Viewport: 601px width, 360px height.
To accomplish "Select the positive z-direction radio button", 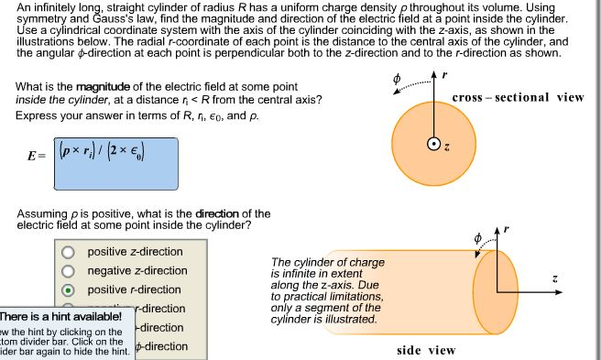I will point(68,253).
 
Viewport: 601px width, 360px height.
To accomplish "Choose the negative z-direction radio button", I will point(68,271).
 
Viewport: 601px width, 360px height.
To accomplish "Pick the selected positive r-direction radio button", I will point(68,290).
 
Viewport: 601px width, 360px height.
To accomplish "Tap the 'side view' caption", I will point(426,350).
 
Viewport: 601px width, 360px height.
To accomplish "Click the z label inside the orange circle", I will point(445,146).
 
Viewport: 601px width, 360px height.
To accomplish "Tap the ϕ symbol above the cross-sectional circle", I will point(396,78).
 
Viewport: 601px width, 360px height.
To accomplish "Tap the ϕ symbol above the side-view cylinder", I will point(477,237).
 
